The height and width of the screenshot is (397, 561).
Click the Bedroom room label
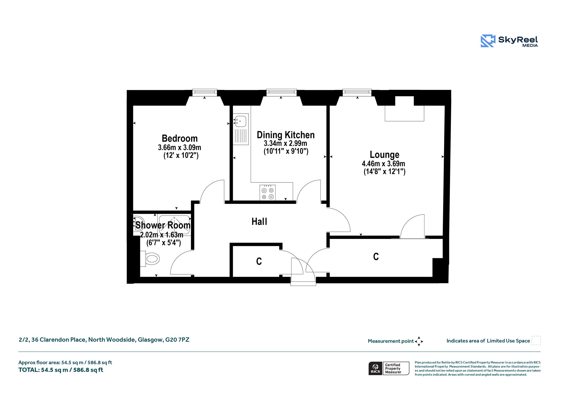(x=180, y=138)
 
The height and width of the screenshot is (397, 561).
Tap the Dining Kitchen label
(x=286, y=135)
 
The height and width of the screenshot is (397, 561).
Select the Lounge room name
(x=385, y=155)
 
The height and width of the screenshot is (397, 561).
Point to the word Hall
(x=259, y=222)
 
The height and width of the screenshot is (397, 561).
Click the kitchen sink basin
(x=241, y=121)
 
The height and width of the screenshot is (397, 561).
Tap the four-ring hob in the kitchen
(x=268, y=193)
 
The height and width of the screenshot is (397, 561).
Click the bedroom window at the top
(x=205, y=92)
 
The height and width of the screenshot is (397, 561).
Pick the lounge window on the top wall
(x=357, y=92)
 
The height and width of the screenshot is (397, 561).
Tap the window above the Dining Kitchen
(x=281, y=92)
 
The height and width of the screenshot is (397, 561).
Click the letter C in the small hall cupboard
(x=259, y=261)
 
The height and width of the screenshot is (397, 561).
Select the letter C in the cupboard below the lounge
(x=376, y=257)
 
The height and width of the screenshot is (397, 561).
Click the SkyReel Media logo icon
(x=488, y=41)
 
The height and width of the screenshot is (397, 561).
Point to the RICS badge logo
(x=376, y=368)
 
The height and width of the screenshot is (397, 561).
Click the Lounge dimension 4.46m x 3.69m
(x=383, y=164)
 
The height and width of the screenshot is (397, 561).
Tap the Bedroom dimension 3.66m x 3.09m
(x=180, y=148)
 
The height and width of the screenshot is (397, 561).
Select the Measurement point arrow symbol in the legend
(x=419, y=341)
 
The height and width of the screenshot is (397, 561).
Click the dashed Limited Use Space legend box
(x=536, y=340)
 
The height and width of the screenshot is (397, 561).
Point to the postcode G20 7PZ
(x=177, y=340)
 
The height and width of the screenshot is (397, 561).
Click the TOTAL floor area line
(x=61, y=370)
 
